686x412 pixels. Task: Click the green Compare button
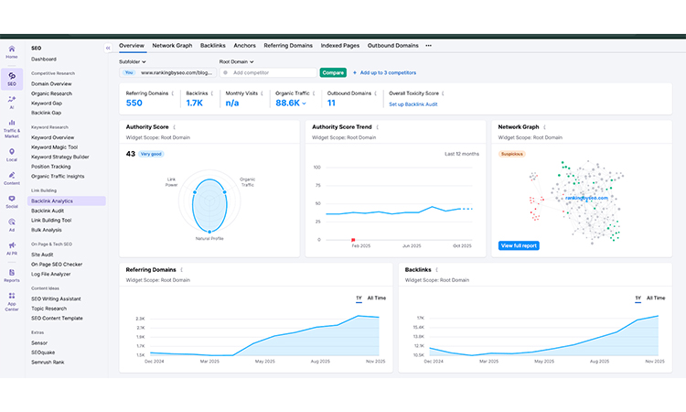pyautogui.click(x=333, y=72)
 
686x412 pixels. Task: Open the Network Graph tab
pyautogui.click(x=172, y=45)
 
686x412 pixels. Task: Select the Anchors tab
pyautogui.click(x=244, y=45)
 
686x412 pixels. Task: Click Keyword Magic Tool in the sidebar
pyautogui.click(x=55, y=146)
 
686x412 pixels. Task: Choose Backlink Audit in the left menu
pyautogui.click(x=48, y=211)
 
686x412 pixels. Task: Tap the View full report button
pyautogui.click(x=519, y=245)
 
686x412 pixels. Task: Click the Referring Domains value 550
pyautogui.click(x=134, y=103)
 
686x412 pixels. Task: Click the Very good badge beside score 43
pyautogui.click(x=151, y=154)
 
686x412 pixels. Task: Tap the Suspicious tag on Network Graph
pyautogui.click(x=511, y=154)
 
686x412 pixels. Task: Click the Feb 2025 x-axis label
pyautogui.click(x=360, y=245)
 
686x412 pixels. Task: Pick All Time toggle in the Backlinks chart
pyautogui.click(x=656, y=298)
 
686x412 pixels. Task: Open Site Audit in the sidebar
pyautogui.click(x=43, y=255)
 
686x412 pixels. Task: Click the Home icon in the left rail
pyautogui.click(x=12, y=51)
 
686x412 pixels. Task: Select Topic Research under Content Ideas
pyautogui.click(x=49, y=309)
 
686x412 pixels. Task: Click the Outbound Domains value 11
pyautogui.click(x=331, y=103)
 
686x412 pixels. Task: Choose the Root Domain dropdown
pyautogui.click(x=236, y=61)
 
